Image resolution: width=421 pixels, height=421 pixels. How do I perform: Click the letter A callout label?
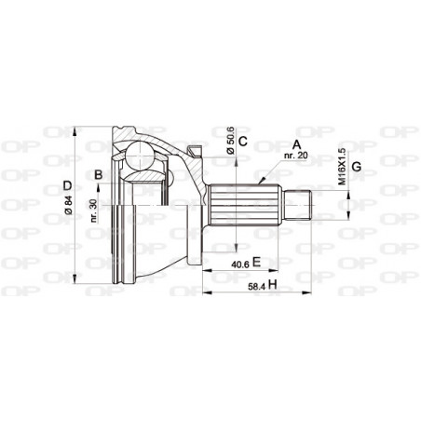[x=296, y=145]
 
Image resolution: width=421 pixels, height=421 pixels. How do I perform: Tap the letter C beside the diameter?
[x=242, y=142]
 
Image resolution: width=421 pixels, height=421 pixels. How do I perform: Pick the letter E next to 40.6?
[x=256, y=264]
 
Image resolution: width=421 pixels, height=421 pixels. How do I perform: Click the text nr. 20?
[x=296, y=157]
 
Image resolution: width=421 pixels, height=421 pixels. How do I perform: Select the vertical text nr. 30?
[x=96, y=211]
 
